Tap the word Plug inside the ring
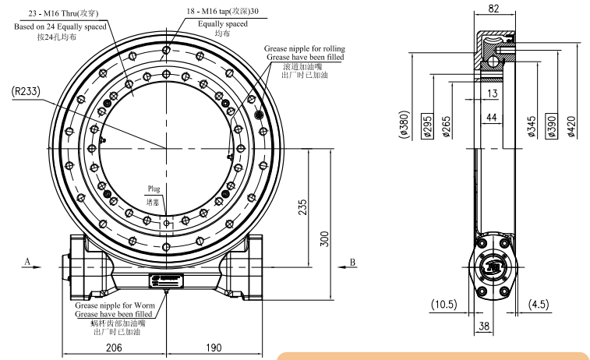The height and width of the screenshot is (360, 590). click(x=154, y=189)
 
